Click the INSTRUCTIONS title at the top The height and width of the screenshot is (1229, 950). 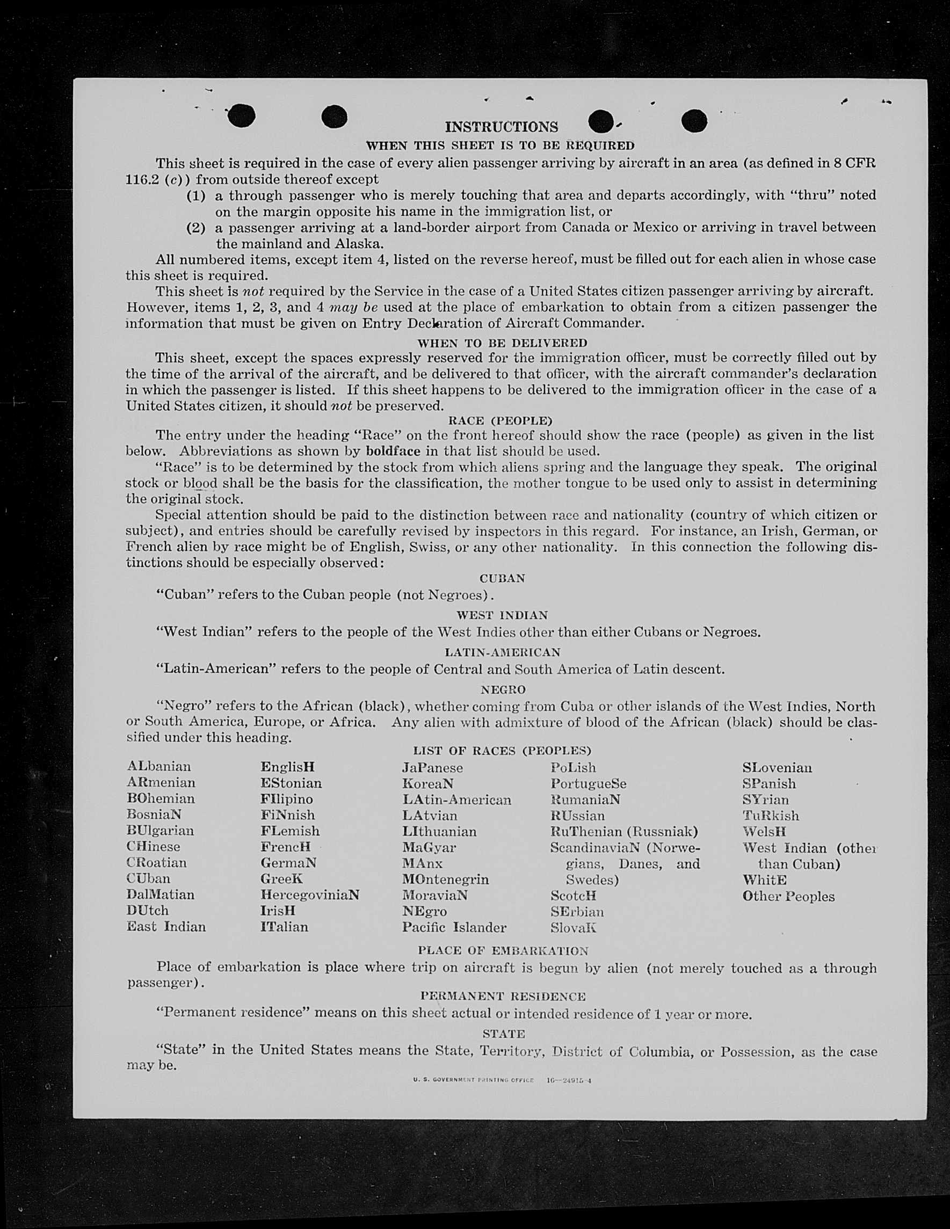tap(502, 127)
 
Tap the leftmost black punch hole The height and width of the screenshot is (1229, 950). tap(242, 116)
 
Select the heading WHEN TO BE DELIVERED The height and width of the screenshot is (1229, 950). tap(502, 343)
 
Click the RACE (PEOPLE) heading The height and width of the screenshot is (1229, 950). tap(501, 420)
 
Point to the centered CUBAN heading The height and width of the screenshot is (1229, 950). tap(502, 578)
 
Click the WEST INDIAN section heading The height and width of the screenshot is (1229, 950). tap(502, 616)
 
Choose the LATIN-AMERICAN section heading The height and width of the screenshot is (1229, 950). tap(502, 652)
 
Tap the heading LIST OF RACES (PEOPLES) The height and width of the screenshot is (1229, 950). tap(502, 751)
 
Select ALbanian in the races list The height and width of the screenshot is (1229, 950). tap(159, 766)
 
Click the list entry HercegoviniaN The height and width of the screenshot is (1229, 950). tap(309, 895)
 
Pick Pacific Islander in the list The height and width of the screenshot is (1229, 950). tap(454, 927)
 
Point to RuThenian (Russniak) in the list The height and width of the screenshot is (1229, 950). tap(624, 831)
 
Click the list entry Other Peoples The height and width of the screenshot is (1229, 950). tap(788, 897)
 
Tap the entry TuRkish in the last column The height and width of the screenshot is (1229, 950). tap(771, 816)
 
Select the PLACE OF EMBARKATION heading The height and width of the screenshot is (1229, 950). tap(503, 951)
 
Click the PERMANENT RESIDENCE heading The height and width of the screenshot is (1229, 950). tap(503, 997)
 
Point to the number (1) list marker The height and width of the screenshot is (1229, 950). tap(196, 195)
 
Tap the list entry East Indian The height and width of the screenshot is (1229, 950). tap(166, 927)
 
